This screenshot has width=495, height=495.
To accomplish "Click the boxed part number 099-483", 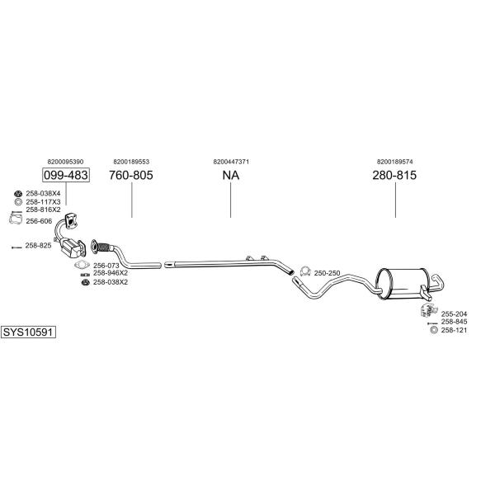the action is (66, 175).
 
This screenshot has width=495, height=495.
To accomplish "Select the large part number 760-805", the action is (131, 175).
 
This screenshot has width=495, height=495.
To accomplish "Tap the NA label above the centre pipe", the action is (231, 175).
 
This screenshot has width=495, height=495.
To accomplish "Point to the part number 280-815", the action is (394, 175).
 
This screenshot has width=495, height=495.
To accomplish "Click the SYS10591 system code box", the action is (28, 332).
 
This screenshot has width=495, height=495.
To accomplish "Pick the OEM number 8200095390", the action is (66, 162).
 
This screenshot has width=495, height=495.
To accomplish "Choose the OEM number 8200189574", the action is (394, 162).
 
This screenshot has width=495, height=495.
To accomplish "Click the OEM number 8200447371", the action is (231, 162).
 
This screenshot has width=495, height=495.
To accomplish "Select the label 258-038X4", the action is (43, 193).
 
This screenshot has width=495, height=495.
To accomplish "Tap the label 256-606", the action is (39, 221).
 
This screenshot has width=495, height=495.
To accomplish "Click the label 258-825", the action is (38, 245).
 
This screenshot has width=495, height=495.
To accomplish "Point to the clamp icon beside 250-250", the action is (305, 271).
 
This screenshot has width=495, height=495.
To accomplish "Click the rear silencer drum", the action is (402, 284).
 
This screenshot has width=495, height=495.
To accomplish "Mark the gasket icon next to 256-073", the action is (82, 265).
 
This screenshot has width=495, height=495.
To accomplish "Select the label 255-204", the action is (454, 313).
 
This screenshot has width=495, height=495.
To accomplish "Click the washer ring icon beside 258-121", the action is (434, 330).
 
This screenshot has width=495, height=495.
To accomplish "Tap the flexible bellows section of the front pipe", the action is (104, 247).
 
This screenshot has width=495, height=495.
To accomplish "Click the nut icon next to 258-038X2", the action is (84, 282).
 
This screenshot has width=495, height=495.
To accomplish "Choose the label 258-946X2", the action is (111, 273).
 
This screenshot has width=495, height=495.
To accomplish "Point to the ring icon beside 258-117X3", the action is (18, 202).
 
